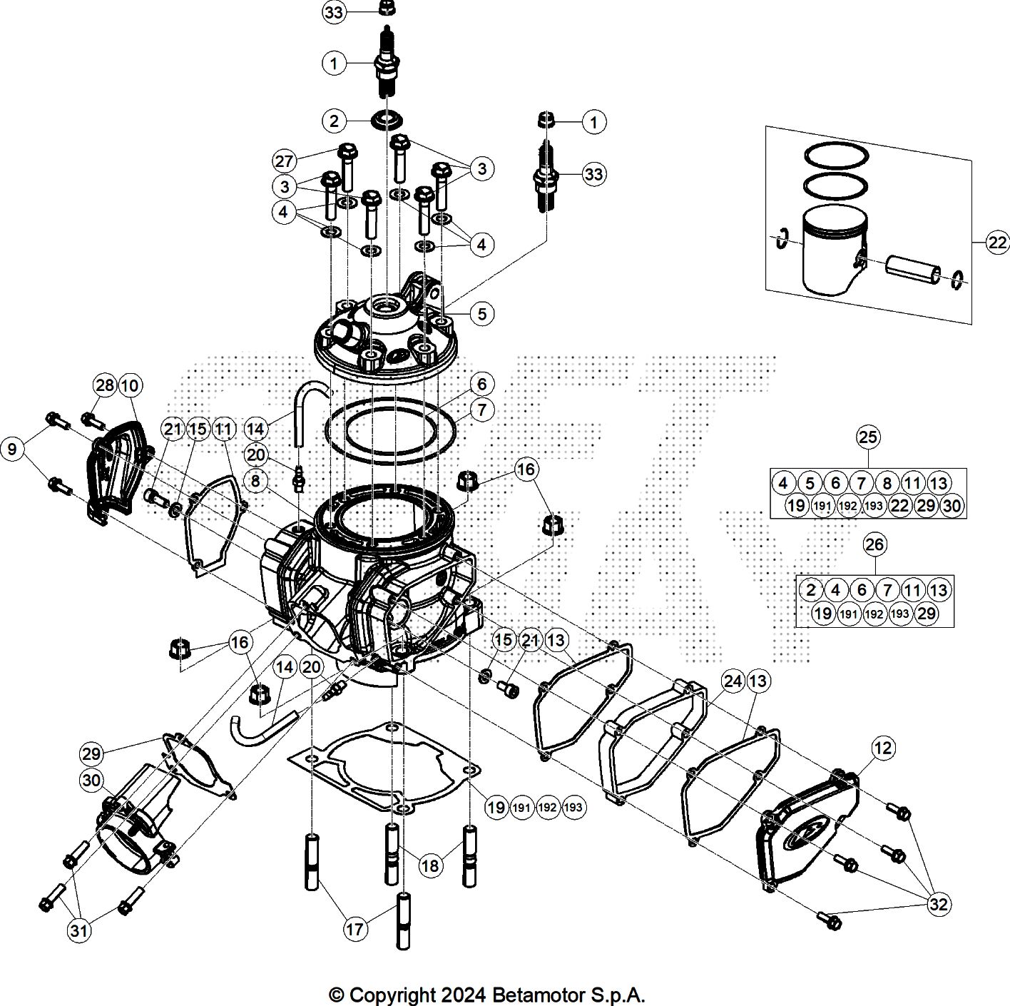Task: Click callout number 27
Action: pyautogui.click(x=284, y=161)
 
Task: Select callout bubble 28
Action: pyautogui.click(x=105, y=385)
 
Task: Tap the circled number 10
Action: pyautogui.click(x=130, y=385)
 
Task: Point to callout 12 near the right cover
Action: pyautogui.click(x=882, y=748)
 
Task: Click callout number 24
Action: pyautogui.click(x=733, y=681)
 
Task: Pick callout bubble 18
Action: pyautogui.click(x=430, y=865)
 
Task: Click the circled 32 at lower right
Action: pyautogui.click(x=939, y=904)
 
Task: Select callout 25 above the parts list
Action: pyautogui.click(x=867, y=437)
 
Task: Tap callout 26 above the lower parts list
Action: pyautogui.click(x=874, y=544)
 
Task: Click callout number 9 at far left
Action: pyautogui.click(x=12, y=449)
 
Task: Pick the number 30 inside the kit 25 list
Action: pyautogui.click(x=952, y=506)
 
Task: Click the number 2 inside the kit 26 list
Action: pyautogui.click(x=810, y=589)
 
